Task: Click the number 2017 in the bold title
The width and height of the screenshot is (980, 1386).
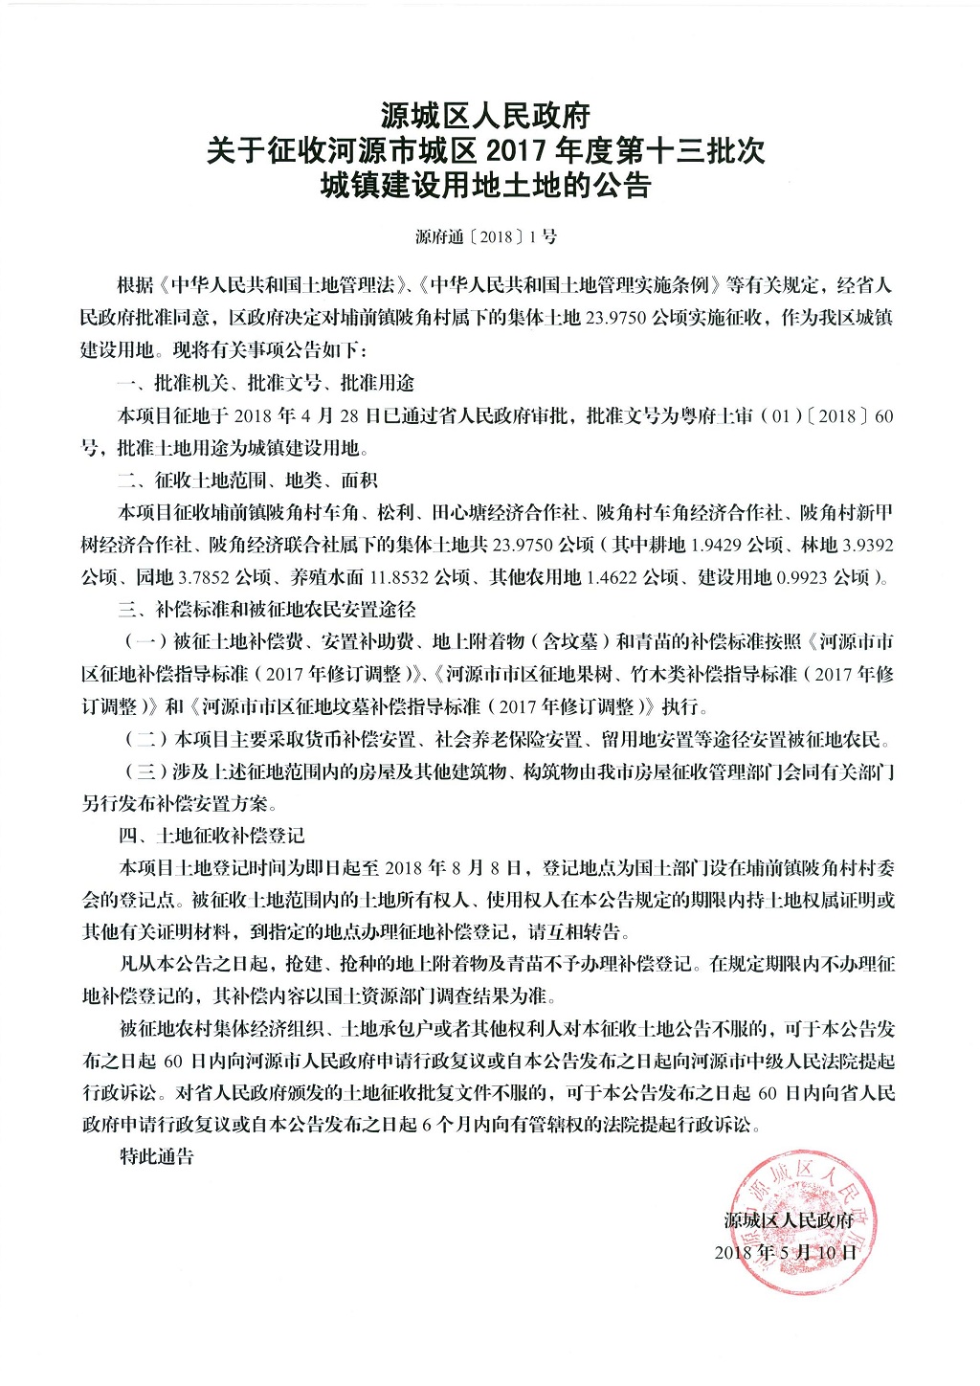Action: click(x=522, y=151)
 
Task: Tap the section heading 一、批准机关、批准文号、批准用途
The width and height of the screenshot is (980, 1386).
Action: click(x=266, y=383)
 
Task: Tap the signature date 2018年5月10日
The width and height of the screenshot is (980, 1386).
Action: click(x=786, y=1252)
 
